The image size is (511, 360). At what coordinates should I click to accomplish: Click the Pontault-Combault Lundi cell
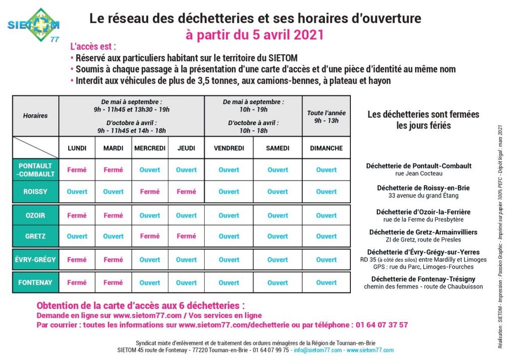click(x=77, y=170)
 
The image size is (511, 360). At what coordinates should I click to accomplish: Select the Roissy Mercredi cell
click(x=150, y=191)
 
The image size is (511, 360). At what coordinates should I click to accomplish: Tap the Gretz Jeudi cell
click(x=186, y=236)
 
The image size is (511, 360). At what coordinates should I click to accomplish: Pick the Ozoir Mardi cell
click(x=113, y=215)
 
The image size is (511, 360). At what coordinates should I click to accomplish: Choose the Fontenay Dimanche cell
click(x=326, y=283)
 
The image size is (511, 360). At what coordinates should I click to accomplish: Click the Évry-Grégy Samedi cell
click(x=277, y=260)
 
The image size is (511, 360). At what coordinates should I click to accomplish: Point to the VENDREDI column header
click(x=229, y=148)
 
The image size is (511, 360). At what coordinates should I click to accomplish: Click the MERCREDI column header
click(x=150, y=148)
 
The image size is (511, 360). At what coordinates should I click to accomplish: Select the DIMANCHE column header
click(x=326, y=148)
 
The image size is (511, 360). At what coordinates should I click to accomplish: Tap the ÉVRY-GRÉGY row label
click(x=35, y=260)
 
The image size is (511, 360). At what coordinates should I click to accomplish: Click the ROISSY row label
click(x=35, y=191)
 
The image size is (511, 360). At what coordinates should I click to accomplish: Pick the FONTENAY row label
click(x=35, y=283)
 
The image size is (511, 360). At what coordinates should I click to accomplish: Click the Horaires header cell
click(x=35, y=116)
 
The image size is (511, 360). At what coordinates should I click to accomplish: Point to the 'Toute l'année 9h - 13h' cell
click(x=326, y=117)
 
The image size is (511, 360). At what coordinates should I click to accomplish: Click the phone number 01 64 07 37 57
click(x=382, y=325)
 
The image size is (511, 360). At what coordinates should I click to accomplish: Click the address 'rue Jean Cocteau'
click(x=419, y=174)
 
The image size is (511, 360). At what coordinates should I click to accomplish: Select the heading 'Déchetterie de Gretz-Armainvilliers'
click(x=423, y=232)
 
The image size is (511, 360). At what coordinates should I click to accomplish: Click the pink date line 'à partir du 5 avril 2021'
click(x=255, y=35)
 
